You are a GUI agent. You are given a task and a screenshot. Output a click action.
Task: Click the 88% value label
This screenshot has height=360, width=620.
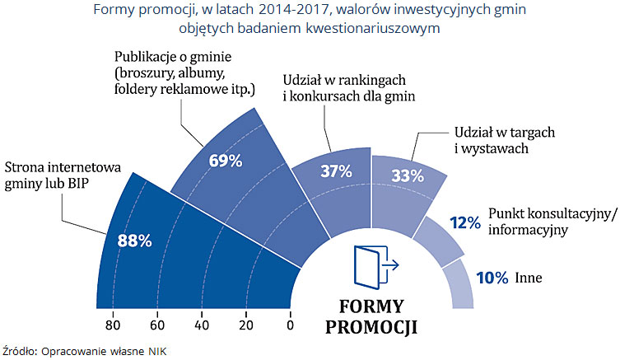pos(135,218)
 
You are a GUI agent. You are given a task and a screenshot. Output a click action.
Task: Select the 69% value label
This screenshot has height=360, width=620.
pos(226,161)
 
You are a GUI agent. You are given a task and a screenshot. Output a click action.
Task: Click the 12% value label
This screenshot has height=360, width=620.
pos(465,222)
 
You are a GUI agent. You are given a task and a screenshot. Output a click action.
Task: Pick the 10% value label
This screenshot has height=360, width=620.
pos(491,278)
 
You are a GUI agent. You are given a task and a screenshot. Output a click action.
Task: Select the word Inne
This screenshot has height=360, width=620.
pos(528,278)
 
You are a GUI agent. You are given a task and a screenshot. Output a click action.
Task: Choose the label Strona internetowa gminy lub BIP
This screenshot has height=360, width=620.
pos(63,175)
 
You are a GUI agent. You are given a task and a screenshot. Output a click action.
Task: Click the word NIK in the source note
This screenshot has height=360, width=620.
pos(156,350)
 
